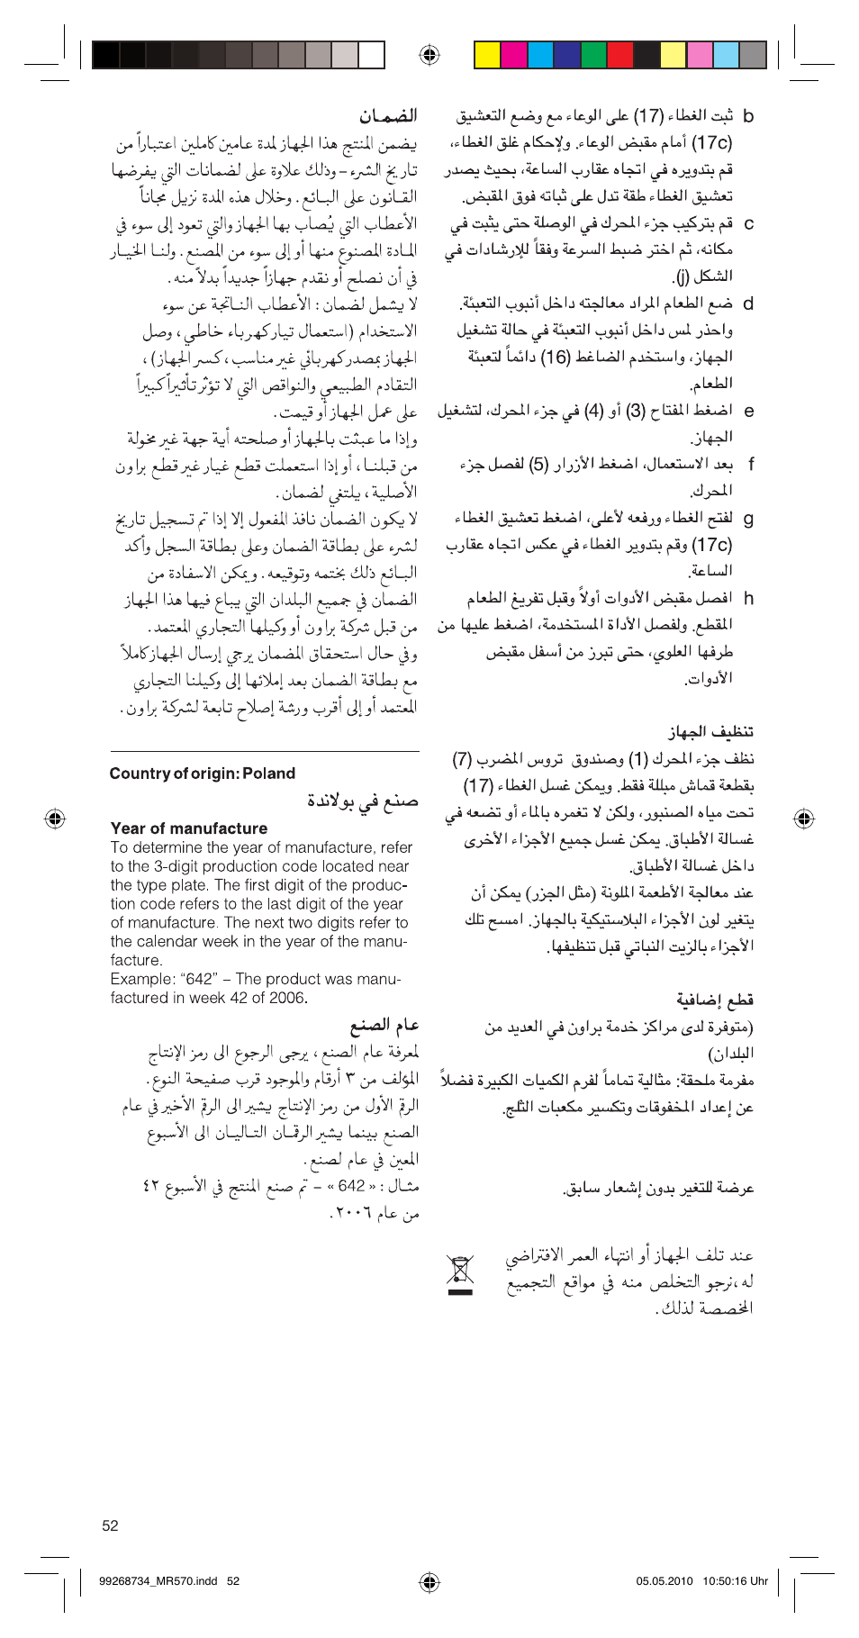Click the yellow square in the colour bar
487,55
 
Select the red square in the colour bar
620,55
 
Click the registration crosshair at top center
429,55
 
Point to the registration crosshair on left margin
55,818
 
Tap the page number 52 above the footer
110,1525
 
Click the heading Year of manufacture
189,828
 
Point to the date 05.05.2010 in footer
665,1580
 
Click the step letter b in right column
748,116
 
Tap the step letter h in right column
748,598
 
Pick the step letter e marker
748,411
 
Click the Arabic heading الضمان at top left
388,116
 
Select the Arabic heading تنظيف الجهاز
710,731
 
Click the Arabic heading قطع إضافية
715,1000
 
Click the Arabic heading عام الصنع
384,1025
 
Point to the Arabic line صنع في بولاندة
363,801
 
